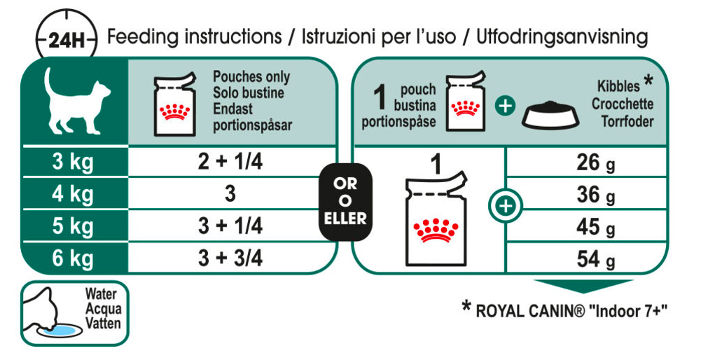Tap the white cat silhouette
click(x=76, y=101)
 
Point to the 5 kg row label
click(x=74, y=227)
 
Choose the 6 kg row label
click(x=74, y=258)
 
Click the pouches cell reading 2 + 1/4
click(x=230, y=163)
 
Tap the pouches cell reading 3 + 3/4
click(x=230, y=258)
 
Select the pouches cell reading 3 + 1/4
click(x=230, y=227)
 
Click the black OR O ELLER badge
click(x=345, y=202)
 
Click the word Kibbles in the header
click(x=619, y=87)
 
